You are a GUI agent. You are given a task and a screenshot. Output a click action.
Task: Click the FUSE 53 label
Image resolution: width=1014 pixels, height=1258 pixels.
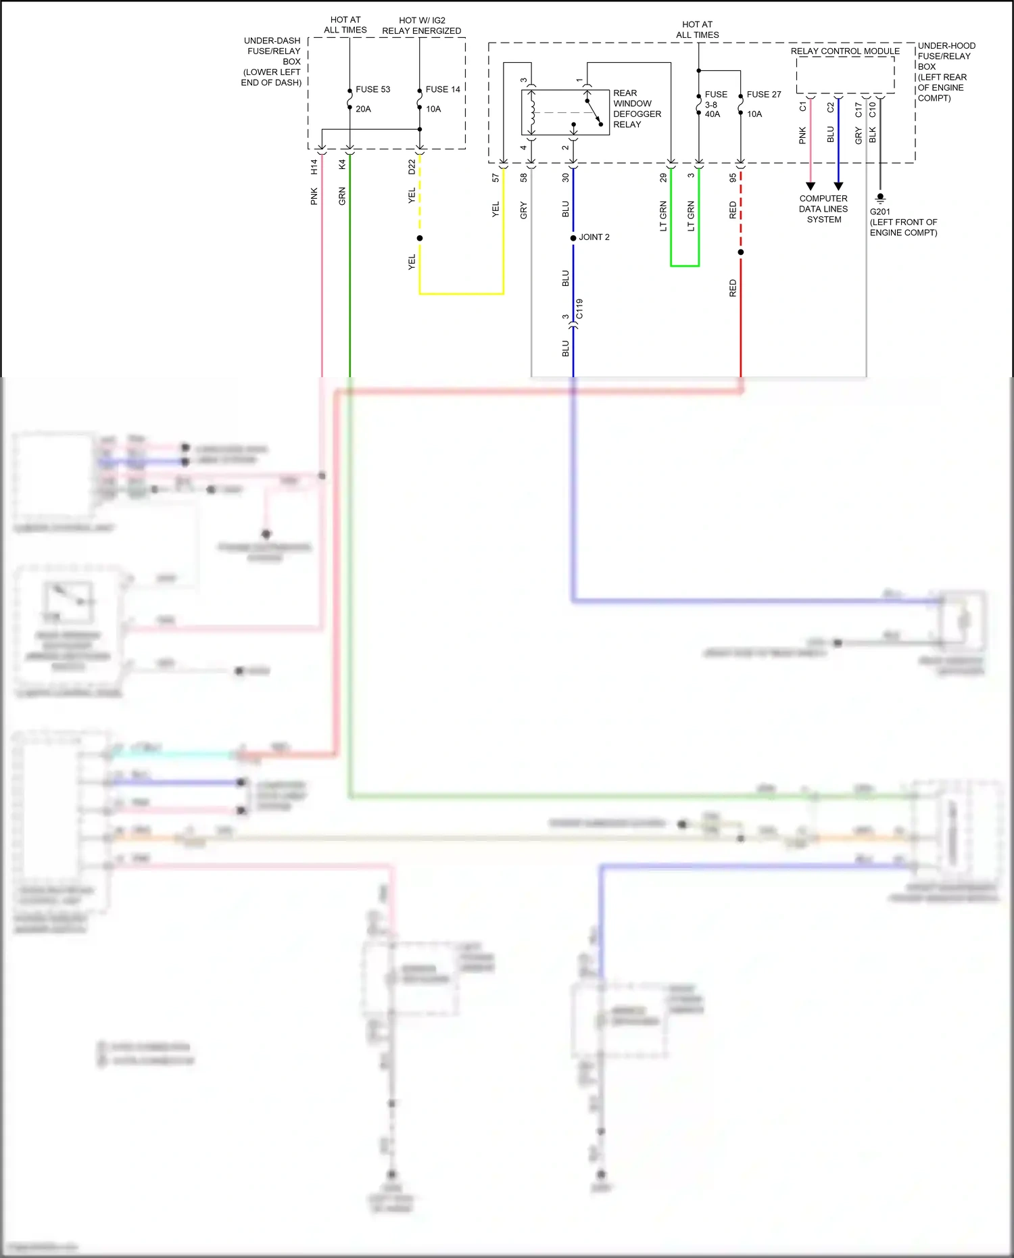click(x=372, y=89)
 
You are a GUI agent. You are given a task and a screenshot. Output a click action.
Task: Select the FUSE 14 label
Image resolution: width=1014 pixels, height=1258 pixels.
click(x=442, y=89)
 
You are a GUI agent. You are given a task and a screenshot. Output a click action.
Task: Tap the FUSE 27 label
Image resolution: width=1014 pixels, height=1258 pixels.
click(x=763, y=95)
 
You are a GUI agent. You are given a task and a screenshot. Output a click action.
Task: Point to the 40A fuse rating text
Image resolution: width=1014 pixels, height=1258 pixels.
click(x=713, y=114)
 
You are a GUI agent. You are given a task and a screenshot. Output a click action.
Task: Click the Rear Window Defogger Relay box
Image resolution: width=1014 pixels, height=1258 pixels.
click(x=565, y=112)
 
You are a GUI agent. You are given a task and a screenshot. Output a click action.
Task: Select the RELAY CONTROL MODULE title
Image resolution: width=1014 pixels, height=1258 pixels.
click(x=845, y=51)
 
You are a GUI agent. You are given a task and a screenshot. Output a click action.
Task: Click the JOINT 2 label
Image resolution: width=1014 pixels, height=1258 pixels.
click(x=594, y=237)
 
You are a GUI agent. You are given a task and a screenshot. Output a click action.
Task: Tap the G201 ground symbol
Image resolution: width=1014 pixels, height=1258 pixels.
click(x=879, y=199)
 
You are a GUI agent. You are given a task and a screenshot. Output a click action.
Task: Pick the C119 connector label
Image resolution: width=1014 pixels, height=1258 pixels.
click(x=579, y=309)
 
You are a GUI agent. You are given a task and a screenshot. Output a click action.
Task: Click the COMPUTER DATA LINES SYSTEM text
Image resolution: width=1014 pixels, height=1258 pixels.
click(x=823, y=209)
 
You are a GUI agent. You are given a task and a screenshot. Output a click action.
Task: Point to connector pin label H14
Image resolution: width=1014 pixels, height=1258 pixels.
click(x=314, y=166)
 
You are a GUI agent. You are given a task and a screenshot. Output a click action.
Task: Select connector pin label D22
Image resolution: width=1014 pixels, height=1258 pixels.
click(x=412, y=167)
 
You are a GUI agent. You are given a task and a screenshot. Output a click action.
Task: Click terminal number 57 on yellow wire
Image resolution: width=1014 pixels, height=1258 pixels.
click(x=496, y=178)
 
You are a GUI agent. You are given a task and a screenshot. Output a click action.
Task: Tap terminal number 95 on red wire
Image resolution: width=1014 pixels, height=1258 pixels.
click(x=733, y=178)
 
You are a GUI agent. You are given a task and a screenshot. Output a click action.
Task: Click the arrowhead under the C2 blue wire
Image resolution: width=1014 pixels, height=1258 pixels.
click(x=838, y=186)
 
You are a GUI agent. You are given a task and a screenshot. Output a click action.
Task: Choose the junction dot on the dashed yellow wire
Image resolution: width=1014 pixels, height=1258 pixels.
click(x=420, y=238)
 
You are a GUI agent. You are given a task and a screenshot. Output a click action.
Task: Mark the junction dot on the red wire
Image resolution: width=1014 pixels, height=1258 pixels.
click(x=741, y=252)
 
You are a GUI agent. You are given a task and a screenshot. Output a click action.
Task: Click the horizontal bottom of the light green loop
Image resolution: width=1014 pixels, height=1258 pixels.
click(x=684, y=266)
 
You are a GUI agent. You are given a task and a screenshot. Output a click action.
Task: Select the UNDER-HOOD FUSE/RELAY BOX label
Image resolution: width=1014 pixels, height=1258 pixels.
click(x=946, y=72)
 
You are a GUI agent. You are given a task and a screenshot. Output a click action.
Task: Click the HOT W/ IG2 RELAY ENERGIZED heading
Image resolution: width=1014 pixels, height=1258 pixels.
click(x=421, y=26)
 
